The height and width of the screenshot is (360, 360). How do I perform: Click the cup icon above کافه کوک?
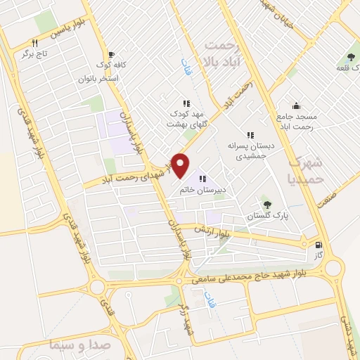[x=111, y=54]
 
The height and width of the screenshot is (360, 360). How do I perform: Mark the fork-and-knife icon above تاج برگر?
[x=34, y=43]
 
